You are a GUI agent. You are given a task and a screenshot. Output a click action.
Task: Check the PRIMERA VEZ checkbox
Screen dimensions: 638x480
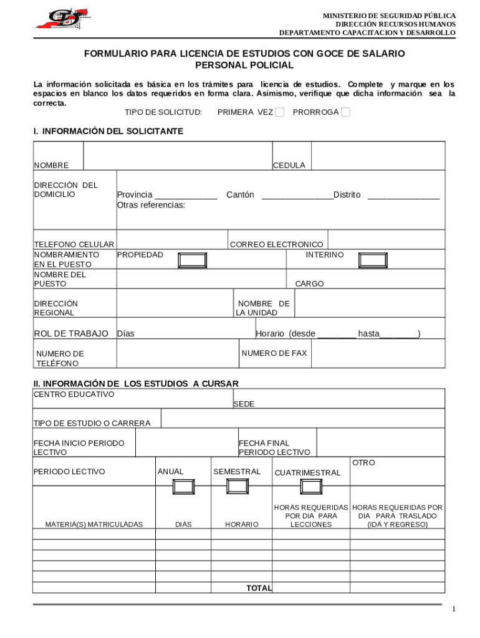click(281, 112)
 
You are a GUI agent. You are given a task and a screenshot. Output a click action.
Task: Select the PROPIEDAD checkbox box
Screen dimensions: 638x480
click(192, 260)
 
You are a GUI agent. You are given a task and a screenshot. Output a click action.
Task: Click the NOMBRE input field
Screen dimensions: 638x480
click(177, 156)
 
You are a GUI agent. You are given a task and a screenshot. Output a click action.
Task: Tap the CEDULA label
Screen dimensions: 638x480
click(289, 166)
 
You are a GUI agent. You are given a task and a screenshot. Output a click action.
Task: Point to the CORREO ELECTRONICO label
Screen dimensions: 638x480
click(277, 245)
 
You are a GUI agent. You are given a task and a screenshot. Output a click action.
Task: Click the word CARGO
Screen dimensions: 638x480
click(309, 284)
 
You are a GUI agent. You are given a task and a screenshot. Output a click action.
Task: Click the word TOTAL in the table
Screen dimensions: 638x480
click(259, 588)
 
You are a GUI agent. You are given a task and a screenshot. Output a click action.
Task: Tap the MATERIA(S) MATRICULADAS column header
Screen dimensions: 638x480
click(94, 525)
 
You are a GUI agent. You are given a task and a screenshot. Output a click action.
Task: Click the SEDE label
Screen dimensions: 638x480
click(244, 404)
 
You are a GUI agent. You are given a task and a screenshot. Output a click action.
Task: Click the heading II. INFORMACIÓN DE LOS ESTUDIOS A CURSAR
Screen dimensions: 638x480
click(136, 383)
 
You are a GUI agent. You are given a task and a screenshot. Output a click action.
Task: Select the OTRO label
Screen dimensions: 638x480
click(363, 463)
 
